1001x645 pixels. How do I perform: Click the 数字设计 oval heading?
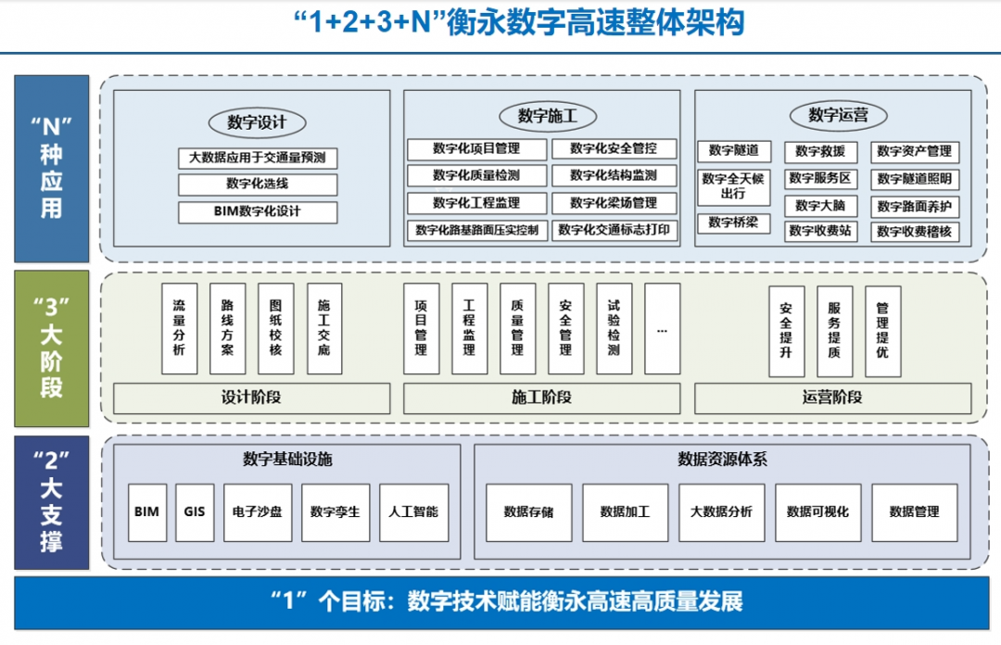257,122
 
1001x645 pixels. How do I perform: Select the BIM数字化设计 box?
257,211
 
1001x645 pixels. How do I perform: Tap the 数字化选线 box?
257,183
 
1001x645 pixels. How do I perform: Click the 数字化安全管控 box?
613,148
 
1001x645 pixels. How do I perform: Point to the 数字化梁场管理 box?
613,203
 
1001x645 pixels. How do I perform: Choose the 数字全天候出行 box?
733,186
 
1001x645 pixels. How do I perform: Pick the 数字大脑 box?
820,206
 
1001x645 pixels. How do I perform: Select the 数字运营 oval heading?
834,116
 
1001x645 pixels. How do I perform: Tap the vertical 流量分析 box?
179,328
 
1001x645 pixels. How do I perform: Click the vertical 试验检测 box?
614,328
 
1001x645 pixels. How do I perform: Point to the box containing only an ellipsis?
662,328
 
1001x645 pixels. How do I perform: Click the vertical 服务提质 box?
834,331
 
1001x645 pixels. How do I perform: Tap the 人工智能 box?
413,512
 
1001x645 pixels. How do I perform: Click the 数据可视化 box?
817,512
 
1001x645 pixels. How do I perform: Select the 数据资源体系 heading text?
722,459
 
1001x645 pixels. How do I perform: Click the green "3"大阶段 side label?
52,348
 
